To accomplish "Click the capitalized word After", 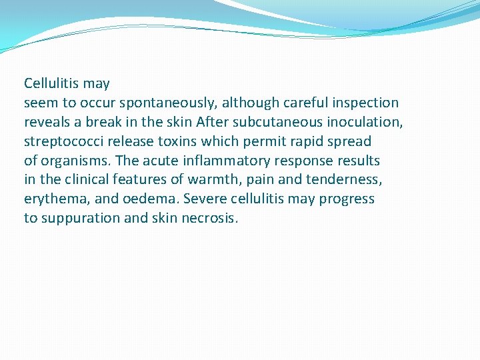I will coord(211,123).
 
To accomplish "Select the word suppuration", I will coord(78,219).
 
